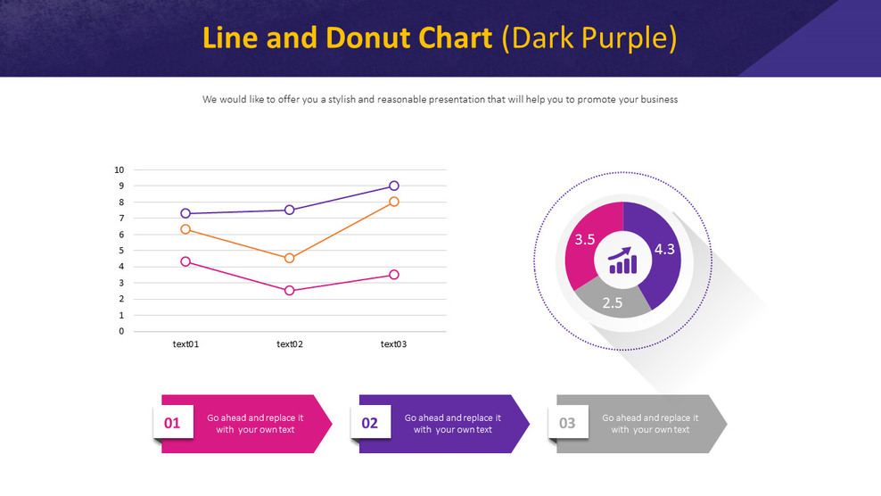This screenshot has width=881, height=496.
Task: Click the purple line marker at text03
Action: (394, 186)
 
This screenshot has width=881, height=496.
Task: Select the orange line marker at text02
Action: (290, 258)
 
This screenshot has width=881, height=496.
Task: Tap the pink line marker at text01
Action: (185, 261)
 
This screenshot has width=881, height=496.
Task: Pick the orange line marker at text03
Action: (394, 202)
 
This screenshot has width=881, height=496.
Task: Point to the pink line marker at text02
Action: (290, 291)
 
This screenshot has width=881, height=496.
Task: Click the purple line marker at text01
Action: (185, 213)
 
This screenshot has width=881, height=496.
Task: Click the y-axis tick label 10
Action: (119, 169)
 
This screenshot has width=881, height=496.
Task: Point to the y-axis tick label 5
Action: (121, 251)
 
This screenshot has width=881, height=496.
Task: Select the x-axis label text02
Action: (290, 344)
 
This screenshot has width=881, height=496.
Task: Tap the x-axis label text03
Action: (394, 344)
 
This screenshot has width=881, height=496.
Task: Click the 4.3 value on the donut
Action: (664, 250)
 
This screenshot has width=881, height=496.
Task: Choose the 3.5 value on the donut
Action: (585, 239)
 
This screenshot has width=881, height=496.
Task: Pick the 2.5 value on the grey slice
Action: (612, 303)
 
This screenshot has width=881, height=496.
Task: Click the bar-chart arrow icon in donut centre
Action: (623, 260)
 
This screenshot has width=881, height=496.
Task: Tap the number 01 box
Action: (173, 423)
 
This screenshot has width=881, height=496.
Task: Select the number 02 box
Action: (370, 423)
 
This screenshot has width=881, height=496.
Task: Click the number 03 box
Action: (568, 423)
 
